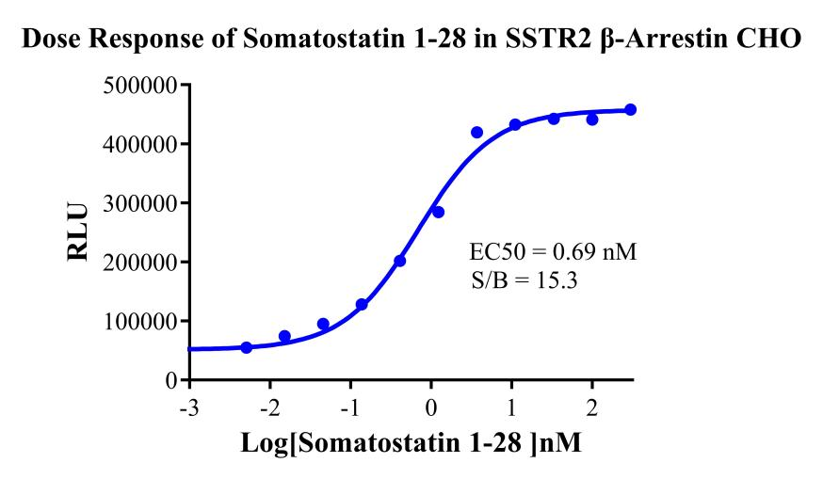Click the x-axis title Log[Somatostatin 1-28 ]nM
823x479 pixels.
pos(411,443)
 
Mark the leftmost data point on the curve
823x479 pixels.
pos(247,347)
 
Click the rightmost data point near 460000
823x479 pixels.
pos(631,110)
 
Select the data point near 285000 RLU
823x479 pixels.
pos(438,212)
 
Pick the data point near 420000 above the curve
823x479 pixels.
pos(476,133)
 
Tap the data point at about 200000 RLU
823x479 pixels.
pos(399,261)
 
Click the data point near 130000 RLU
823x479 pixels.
pos(362,304)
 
